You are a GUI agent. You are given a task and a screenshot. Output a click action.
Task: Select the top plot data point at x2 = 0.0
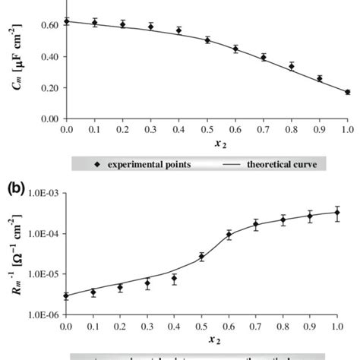(x=66, y=21)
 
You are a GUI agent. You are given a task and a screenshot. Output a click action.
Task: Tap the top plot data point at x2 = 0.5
(x=207, y=39)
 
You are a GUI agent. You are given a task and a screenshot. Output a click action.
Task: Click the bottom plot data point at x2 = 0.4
(x=178, y=279)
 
